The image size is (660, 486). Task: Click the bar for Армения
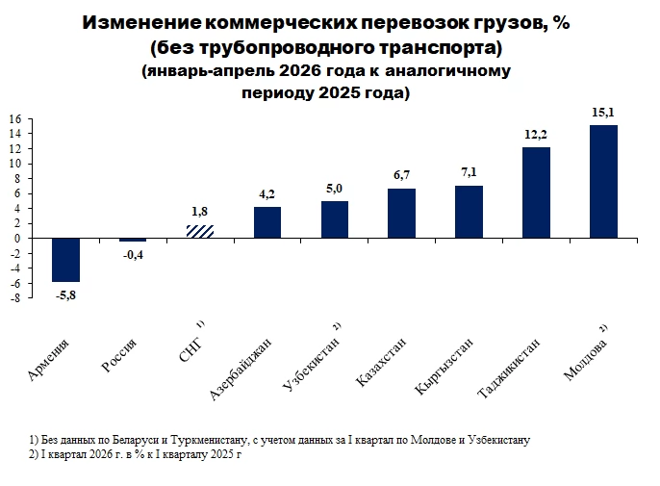(65, 260)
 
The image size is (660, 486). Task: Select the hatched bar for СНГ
(200, 232)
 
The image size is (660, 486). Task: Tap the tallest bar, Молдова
(603, 182)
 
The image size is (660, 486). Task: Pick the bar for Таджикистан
(536, 192)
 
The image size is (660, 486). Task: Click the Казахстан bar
(401, 213)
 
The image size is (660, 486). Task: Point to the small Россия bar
(133, 240)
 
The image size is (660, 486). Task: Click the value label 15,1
(603, 113)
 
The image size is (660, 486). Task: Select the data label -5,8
(65, 295)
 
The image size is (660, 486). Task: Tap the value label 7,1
(469, 172)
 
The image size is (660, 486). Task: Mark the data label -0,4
(133, 255)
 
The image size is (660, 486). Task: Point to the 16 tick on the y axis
(14, 119)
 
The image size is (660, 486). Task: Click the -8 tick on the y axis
(14, 298)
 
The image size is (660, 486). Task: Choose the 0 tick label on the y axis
(17, 239)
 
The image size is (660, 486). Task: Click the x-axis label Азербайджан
(241, 369)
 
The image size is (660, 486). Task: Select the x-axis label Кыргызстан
(444, 367)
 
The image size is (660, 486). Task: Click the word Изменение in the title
(141, 23)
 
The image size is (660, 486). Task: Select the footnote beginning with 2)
(135, 455)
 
